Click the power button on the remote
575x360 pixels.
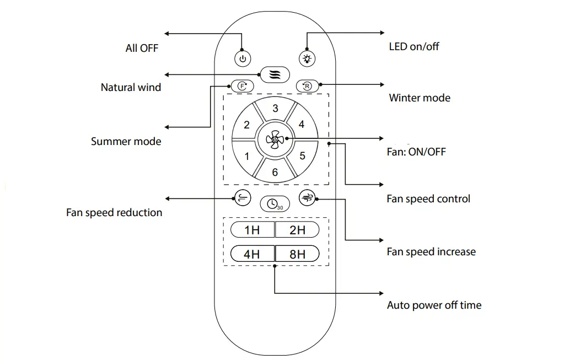[x=243, y=58]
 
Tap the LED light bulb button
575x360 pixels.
[x=307, y=58]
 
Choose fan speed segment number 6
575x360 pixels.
[x=275, y=172]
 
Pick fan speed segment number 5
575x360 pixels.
[x=302, y=156]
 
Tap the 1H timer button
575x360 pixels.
[x=252, y=230]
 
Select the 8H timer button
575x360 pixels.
[x=297, y=254]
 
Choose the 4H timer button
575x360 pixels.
[x=252, y=254]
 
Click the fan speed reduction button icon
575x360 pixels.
[x=243, y=198]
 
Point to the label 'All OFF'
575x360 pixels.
[x=142, y=49]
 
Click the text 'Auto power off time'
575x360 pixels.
[x=434, y=305]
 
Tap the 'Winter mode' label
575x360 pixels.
[x=420, y=98]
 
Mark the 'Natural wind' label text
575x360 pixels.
[x=131, y=87]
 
